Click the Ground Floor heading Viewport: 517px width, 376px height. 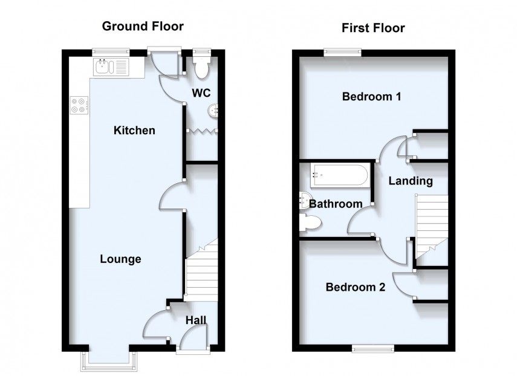point(142,26)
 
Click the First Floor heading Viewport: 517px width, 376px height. point(373,28)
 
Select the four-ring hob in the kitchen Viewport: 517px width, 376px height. point(79,106)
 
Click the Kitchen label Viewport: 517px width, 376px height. point(135,131)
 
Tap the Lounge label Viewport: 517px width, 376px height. point(120,259)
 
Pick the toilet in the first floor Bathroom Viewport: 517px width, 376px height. point(310,224)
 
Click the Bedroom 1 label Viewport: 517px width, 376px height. point(372,96)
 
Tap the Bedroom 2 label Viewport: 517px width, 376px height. point(356,287)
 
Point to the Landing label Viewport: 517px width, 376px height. point(411,180)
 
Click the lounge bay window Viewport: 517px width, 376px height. point(110,360)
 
